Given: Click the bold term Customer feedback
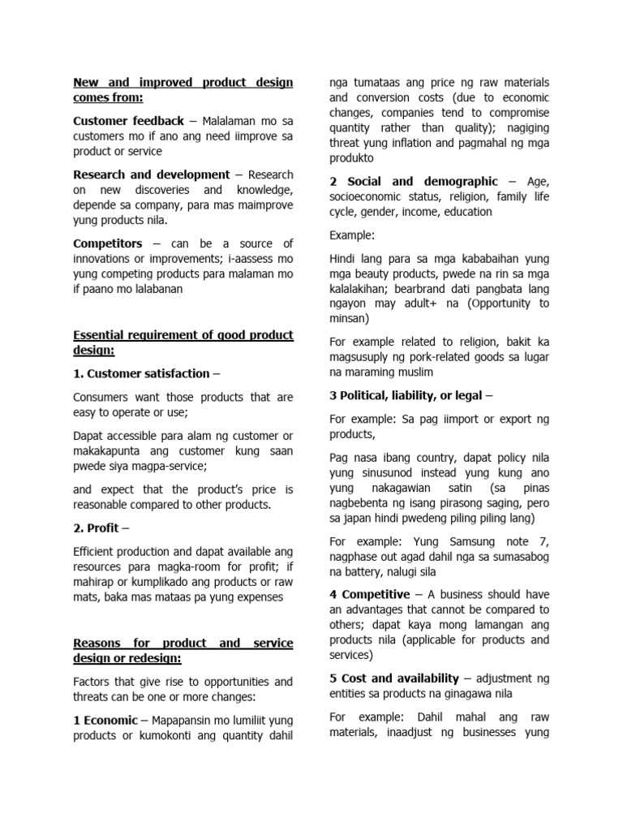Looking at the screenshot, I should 128,121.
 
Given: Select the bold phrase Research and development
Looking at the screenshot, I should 151,174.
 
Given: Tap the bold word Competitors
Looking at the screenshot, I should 107,243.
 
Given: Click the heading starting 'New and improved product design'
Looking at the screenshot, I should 183,90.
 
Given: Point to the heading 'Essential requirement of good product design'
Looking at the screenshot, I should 183,342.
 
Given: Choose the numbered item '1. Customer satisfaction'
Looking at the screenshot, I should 141,373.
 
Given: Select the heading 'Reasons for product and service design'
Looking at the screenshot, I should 183,650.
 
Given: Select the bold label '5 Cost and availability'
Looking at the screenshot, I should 396,678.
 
